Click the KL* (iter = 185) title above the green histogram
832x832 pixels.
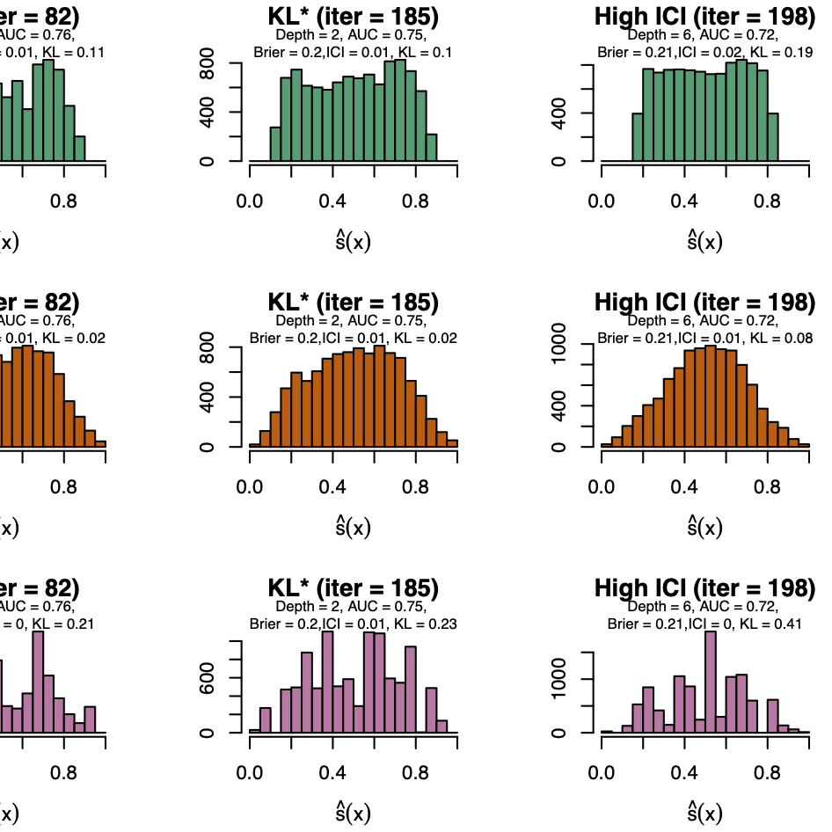pyautogui.click(x=354, y=16)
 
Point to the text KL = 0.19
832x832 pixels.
pyautogui.click(x=780, y=52)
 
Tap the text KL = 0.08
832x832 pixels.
pyautogui.click(x=780, y=338)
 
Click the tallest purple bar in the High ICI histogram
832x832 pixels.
pyautogui.click(x=711, y=682)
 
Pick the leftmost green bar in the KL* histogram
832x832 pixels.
pyautogui.click(x=275, y=144)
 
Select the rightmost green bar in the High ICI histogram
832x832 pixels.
pyautogui.click(x=773, y=137)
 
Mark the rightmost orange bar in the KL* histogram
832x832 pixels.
pyautogui.click(x=452, y=442)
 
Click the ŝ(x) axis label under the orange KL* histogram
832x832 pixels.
pyautogui.click(x=354, y=526)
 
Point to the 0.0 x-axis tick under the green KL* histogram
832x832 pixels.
pyautogui.click(x=250, y=201)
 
